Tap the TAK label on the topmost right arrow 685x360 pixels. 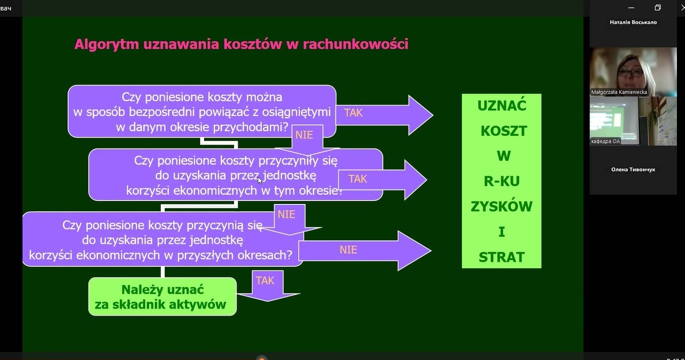tap(353, 113)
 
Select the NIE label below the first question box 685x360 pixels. tap(304, 135)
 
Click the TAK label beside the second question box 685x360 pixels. tap(358, 179)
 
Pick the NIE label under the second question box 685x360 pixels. tap(286, 214)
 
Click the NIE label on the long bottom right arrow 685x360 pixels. tap(349, 250)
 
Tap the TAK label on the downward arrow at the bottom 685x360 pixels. tap(265, 280)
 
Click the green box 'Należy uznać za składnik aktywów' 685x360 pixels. tap(162, 297)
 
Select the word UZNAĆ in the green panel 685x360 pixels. tap(502, 106)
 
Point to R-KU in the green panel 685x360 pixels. tap(502, 181)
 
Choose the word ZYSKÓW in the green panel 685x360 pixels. tap(501, 207)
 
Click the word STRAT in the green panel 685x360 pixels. tap(501, 257)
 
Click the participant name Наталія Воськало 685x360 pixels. tap(633, 23)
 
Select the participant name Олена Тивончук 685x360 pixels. tap(633, 169)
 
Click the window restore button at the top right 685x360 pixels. tap(657, 8)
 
